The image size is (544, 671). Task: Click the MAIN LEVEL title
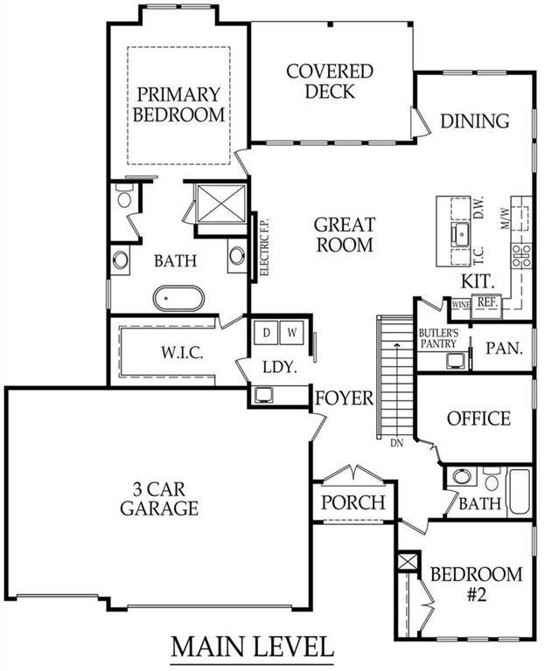point(252,647)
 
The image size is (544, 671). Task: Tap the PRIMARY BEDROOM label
point(178,105)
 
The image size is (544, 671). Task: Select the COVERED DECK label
point(330,81)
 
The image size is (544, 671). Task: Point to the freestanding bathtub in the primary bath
point(178,298)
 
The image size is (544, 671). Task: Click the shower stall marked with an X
point(221,204)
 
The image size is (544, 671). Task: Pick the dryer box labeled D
point(267,332)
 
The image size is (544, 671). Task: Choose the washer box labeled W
point(292,332)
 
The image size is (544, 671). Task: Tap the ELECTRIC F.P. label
point(265,247)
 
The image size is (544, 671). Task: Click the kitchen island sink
point(460,233)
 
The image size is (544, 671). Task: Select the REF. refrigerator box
point(487,306)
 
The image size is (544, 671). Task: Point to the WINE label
point(461,305)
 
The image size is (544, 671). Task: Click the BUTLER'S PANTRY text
point(438,338)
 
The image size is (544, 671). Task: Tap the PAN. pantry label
point(504,349)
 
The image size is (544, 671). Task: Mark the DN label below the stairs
point(397,443)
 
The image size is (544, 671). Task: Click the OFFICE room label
point(478,419)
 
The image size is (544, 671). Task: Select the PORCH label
point(353,502)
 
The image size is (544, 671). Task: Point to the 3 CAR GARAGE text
point(159,499)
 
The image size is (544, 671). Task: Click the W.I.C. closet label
point(182,353)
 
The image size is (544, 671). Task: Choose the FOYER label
point(345,398)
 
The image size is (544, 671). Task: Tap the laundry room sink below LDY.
point(264,395)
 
